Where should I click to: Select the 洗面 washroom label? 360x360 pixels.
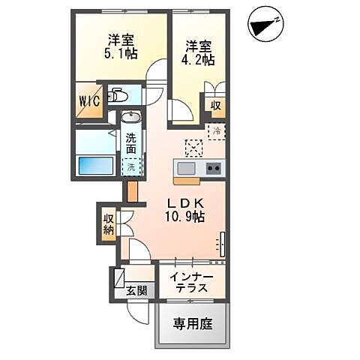pos(131,144)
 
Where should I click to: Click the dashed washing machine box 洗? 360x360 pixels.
pos(131,168)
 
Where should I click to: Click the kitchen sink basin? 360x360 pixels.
pos(186,167)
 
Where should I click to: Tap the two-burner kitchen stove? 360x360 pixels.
pos(213,167)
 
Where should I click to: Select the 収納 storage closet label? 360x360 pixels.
pos(109,223)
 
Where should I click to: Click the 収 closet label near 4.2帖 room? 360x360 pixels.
pos(214,105)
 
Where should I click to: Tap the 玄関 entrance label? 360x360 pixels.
pos(136,291)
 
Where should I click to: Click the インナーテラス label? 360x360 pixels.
pos(191,283)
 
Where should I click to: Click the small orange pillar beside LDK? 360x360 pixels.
pos(133,191)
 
